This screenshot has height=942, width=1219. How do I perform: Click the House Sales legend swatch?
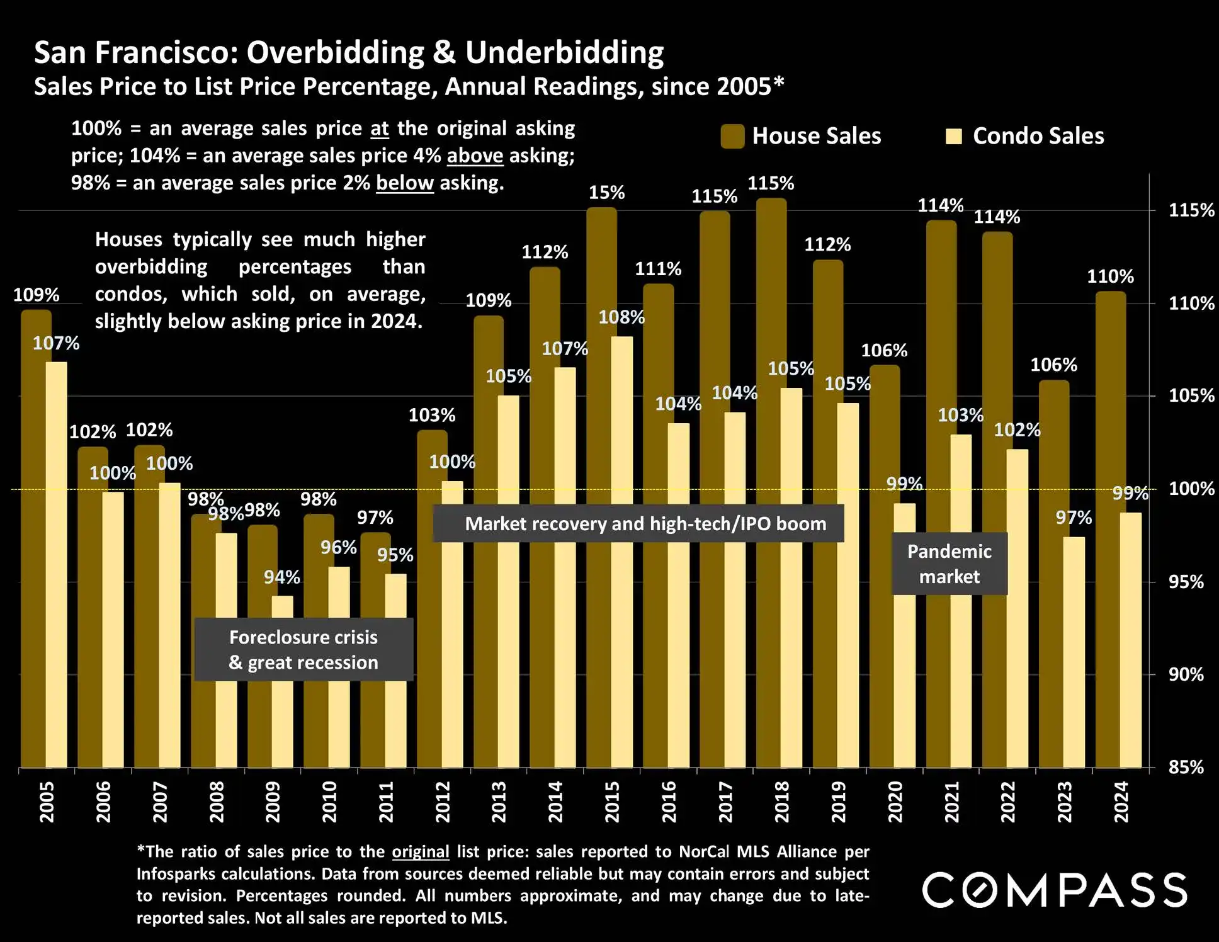732,136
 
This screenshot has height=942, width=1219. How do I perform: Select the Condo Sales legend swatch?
953,136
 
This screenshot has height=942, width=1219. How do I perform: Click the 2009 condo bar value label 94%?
281,577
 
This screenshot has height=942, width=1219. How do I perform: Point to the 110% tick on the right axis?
1191,303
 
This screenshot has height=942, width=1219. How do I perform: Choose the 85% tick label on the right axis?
1186,767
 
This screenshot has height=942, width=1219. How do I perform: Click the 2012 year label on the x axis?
443,802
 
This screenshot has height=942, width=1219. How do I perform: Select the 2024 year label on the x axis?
1121,802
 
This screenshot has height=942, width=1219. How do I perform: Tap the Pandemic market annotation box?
950,564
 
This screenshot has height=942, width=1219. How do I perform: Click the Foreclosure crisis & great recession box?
303,649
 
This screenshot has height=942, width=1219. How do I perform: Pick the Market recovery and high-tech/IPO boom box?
638,523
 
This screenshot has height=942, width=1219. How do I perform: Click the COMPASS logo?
1055,890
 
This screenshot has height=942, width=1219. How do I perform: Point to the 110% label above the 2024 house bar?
1110,276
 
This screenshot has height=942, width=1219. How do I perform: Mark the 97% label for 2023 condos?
1074,518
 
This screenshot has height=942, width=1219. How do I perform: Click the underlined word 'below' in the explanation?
404,183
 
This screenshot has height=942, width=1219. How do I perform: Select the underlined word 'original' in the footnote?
421,851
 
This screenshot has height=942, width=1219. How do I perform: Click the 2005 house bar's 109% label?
36,295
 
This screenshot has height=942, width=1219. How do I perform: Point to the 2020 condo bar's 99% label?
904,484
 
